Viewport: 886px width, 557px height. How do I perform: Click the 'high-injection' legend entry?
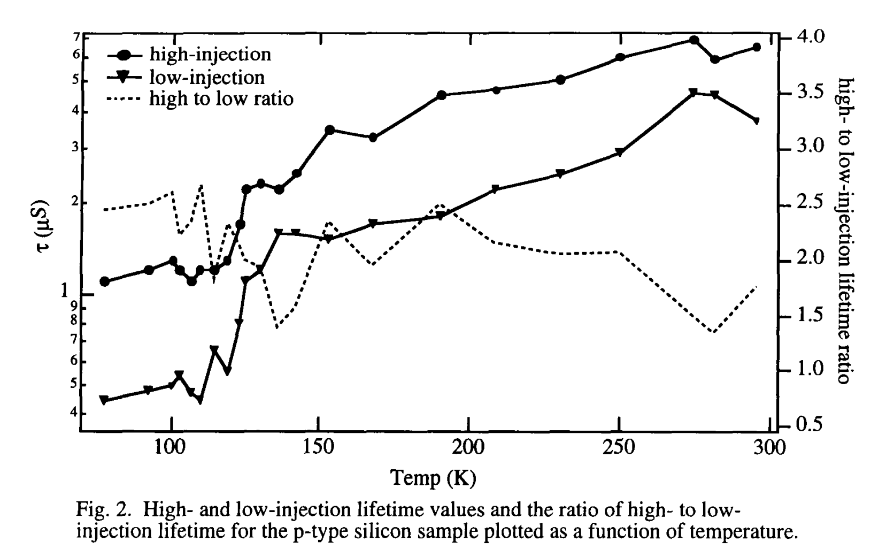click(210, 55)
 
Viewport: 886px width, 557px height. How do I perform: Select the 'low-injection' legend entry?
click(206, 78)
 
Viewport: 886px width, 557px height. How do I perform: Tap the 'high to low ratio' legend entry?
click(221, 99)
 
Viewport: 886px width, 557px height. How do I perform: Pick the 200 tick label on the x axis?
click(468, 447)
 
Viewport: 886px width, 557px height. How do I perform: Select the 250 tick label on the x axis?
click(618, 447)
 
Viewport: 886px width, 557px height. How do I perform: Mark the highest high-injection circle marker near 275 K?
click(694, 40)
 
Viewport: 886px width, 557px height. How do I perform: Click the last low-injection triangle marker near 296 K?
click(756, 121)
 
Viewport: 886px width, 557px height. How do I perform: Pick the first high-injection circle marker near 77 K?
click(105, 281)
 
